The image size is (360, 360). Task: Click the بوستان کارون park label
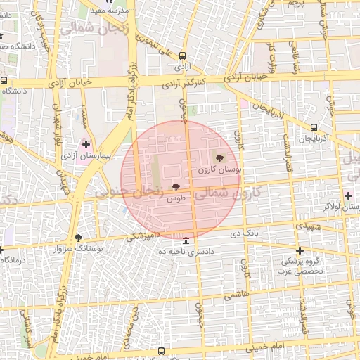pyautogui.click(x=219, y=169)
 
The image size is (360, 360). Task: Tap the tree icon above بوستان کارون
pyautogui.click(x=219, y=158)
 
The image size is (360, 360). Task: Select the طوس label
pyautogui.click(x=175, y=199)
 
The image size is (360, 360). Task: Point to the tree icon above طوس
pyautogui.click(x=175, y=188)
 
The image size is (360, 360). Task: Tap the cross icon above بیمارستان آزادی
pyautogui.click(x=86, y=143)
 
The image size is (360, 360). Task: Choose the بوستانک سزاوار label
pyautogui.click(x=77, y=249)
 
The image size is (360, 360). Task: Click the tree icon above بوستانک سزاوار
pyautogui.click(x=77, y=238)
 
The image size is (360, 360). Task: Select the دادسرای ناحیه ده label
pyautogui.click(x=185, y=251)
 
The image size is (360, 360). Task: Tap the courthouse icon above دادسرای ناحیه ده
pyautogui.click(x=185, y=240)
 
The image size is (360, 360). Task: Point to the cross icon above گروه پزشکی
pyautogui.click(x=300, y=250)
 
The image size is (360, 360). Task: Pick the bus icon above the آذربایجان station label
pyautogui.click(x=314, y=128)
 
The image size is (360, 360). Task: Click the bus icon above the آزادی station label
pyautogui.click(x=182, y=56)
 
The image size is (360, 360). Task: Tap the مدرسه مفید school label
pyautogui.click(x=115, y=11)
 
